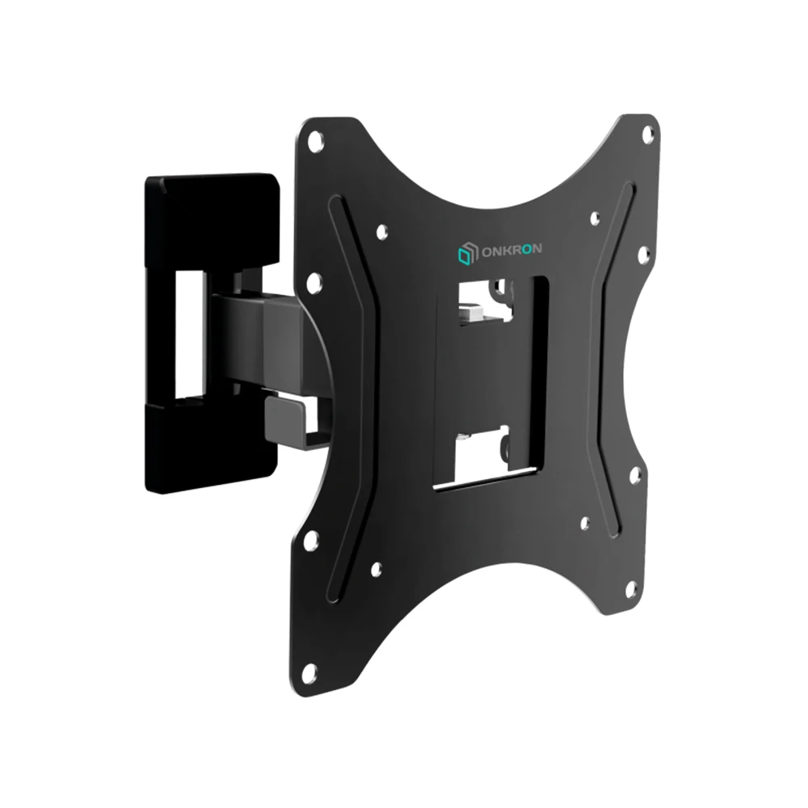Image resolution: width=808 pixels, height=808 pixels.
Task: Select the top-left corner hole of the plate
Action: tap(316, 142)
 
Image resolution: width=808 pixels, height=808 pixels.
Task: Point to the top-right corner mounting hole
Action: tap(647, 134)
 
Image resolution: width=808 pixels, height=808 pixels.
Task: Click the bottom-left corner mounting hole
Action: tap(309, 671)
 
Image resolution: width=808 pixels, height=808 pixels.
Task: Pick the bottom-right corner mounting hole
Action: tap(631, 588)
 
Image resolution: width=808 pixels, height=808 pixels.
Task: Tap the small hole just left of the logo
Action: tap(382, 232)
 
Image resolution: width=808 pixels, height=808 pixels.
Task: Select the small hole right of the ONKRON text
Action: tap(595, 218)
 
